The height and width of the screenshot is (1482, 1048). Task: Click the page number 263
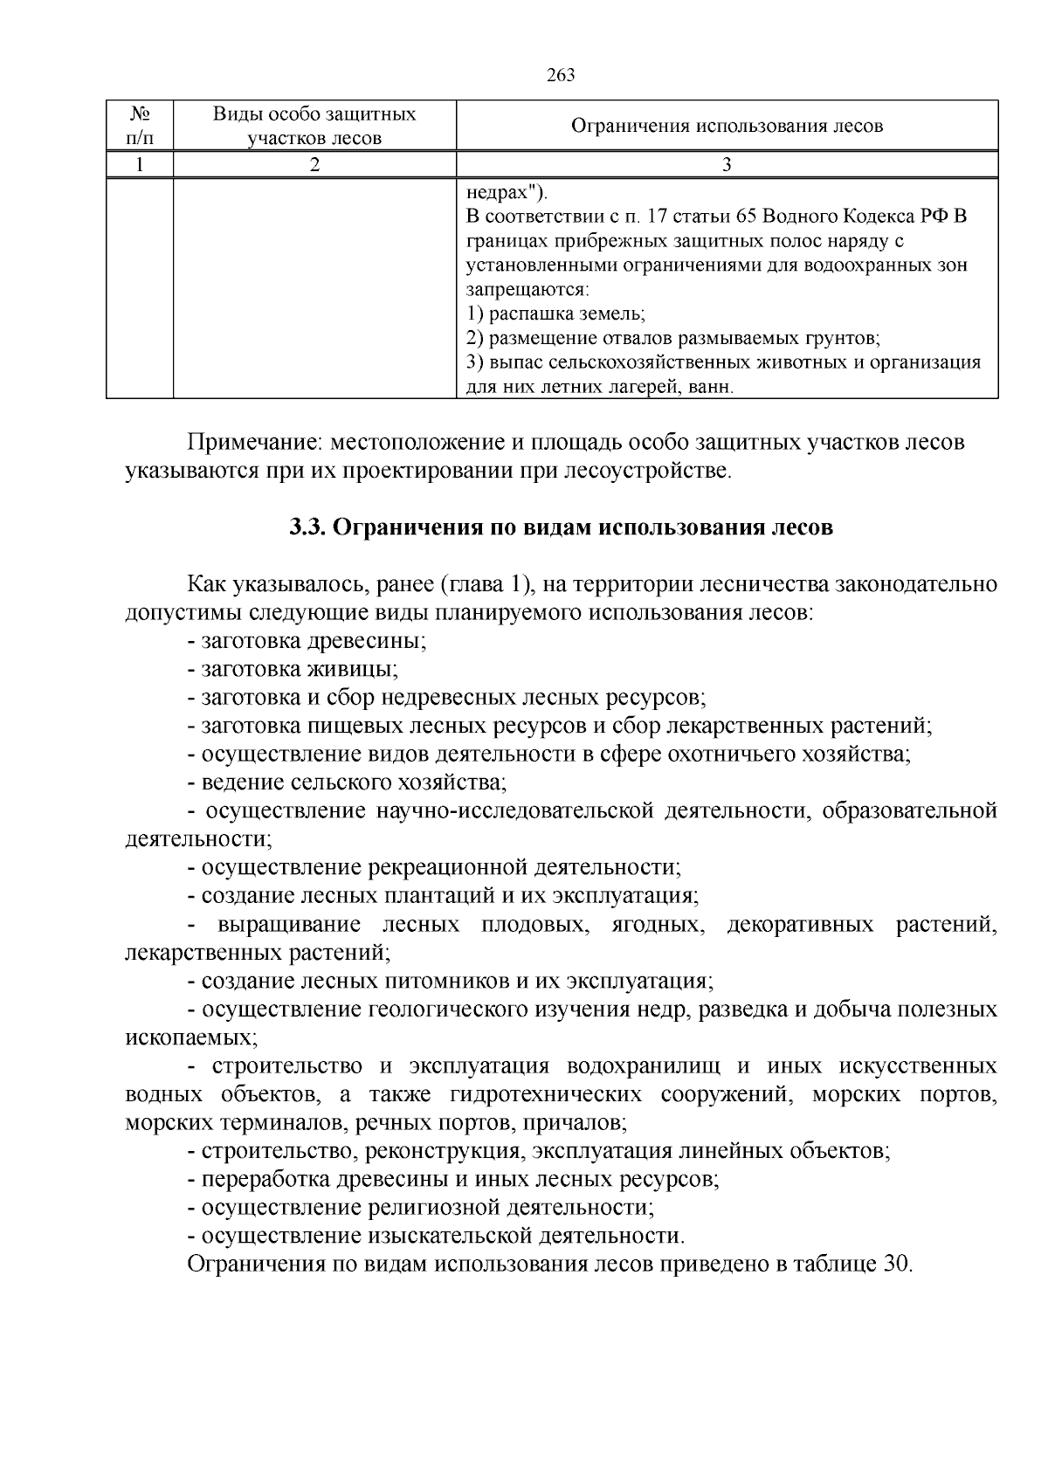pos(561,75)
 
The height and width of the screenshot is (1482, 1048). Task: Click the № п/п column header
pos(140,126)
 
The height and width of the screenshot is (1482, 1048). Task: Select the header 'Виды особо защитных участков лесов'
pos(314,126)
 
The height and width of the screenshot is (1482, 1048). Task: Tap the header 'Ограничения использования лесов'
pos(727,126)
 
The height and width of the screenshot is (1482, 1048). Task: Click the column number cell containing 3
pos(727,165)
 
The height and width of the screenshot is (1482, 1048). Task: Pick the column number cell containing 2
pos(314,165)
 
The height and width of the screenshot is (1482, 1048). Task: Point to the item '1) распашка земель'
pos(555,314)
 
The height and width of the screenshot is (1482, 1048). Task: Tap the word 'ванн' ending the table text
pos(711,386)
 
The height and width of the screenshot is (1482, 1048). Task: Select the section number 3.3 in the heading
pos(307,528)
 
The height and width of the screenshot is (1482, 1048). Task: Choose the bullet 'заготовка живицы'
pos(293,669)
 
